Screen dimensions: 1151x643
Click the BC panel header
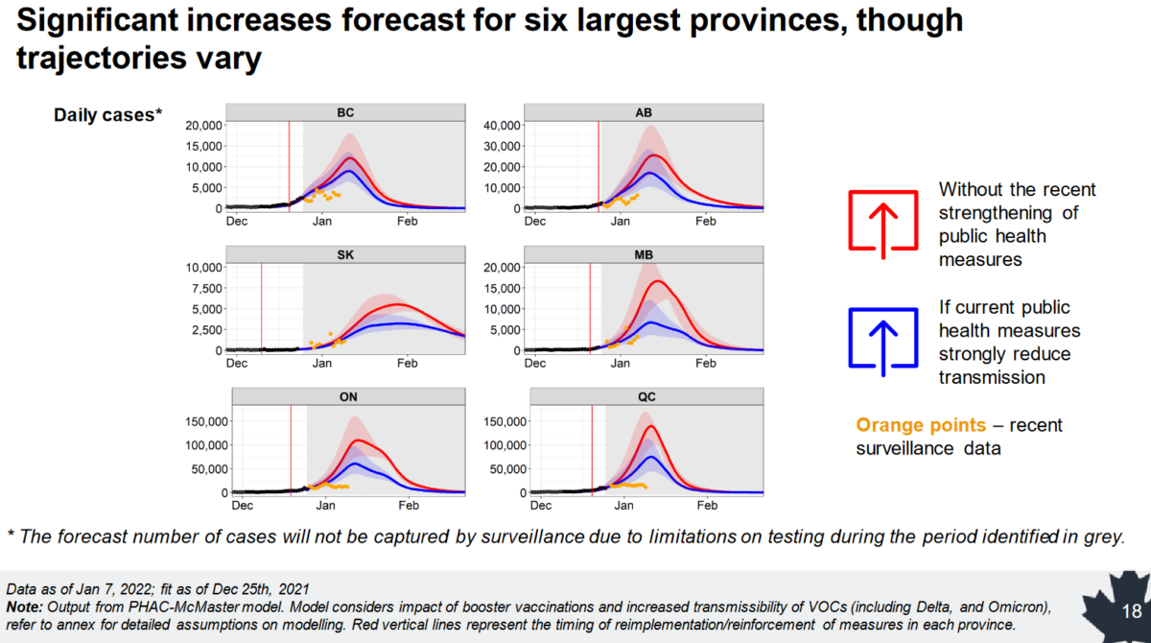tap(345, 112)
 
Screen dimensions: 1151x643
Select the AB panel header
tap(644, 112)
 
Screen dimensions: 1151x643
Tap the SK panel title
tap(345, 255)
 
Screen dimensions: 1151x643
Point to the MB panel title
tap(644, 255)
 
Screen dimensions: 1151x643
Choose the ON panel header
tap(348, 396)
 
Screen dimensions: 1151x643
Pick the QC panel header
tap(646, 396)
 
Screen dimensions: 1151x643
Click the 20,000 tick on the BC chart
tap(203, 126)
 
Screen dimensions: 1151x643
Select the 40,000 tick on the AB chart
tap(502, 126)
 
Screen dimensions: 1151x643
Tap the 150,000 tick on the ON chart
tap(206, 421)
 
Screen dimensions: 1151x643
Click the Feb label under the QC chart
tap(707, 505)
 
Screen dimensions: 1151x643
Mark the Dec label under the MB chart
tap(535, 364)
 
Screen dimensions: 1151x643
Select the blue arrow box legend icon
tap(883, 342)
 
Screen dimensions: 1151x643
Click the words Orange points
tap(921, 425)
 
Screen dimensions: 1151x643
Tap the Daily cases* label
tap(107, 114)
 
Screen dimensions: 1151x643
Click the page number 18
tap(1132, 611)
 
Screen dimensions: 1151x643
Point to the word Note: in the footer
tap(24, 607)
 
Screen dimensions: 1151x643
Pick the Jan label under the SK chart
tap(322, 364)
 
